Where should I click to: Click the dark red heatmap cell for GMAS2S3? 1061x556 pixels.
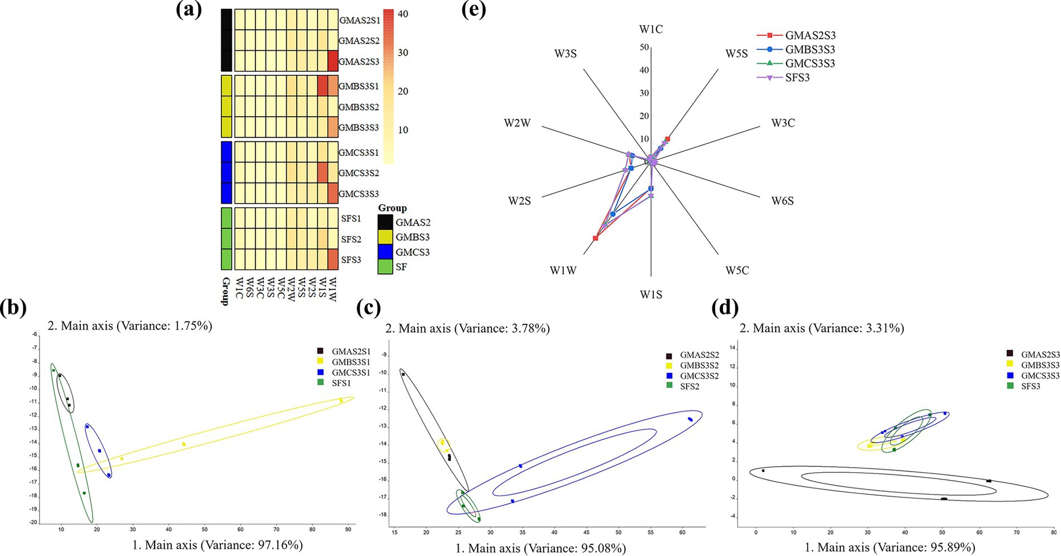coord(332,61)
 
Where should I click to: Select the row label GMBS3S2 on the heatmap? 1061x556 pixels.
coord(359,107)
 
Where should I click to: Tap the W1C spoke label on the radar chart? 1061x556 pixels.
coord(651,29)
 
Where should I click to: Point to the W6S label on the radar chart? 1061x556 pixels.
coord(782,200)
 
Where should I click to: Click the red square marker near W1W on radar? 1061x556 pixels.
coord(596,238)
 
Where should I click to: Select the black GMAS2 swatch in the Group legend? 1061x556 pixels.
coord(385,222)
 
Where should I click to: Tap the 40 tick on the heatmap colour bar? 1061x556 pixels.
coord(402,14)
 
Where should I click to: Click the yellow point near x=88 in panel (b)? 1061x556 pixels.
coord(341,400)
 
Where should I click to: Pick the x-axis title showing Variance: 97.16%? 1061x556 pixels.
coord(218,545)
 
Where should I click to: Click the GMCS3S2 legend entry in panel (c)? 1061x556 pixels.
coord(699,376)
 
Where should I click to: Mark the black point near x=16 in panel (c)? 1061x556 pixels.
coord(403,374)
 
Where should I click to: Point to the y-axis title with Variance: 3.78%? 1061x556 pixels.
coord(467,328)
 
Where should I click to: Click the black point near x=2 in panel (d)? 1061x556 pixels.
coord(763,471)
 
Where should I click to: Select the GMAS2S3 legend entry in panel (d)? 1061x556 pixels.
coord(1040,354)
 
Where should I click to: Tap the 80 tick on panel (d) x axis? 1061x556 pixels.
coord(1053,533)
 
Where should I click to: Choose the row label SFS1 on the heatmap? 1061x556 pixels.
coord(351,218)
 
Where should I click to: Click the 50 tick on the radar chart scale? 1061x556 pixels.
coord(644,47)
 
